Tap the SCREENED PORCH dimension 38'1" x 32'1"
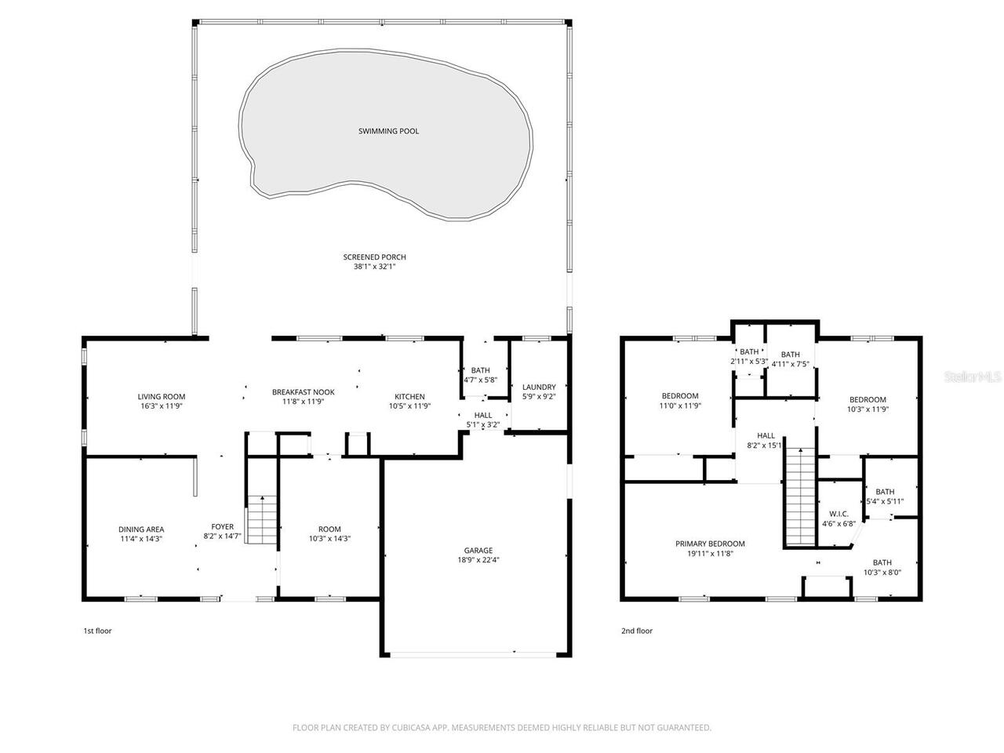coord(374,267)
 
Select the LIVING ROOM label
coord(162,397)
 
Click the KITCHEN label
coord(409,397)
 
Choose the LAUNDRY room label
coord(539,387)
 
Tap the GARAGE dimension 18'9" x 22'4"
coord(477,560)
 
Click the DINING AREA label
coord(141,529)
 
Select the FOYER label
coord(222,527)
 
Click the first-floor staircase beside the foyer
coord(263,520)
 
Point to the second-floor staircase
coord(800,497)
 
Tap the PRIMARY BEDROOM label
coord(710,544)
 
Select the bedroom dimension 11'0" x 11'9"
coord(679,406)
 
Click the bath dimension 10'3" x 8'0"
coord(882,573)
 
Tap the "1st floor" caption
coord(97,631)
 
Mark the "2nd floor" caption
coord(636,631)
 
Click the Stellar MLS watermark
coord(973,377)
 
